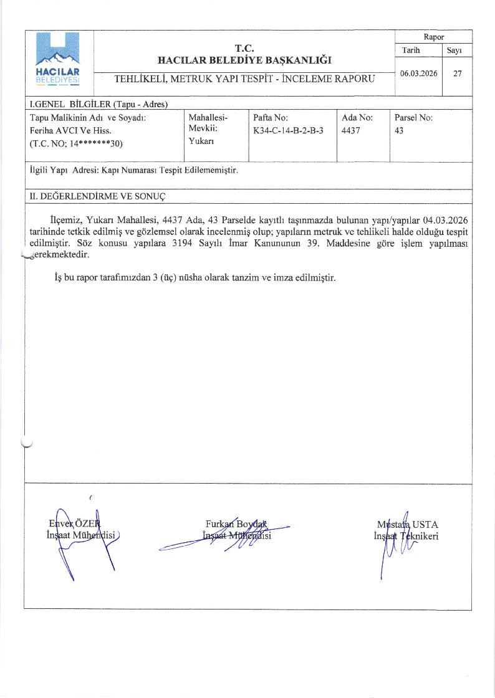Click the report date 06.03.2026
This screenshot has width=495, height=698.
[419, 73]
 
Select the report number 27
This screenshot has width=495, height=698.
[458, 73]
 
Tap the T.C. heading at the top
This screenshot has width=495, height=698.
[244, 48]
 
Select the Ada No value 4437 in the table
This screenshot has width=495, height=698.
[351, 131]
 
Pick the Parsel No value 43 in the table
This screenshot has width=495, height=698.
[400, 131]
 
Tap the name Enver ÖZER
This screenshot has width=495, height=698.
[75, 523]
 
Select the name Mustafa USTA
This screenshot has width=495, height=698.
[407, 524]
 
